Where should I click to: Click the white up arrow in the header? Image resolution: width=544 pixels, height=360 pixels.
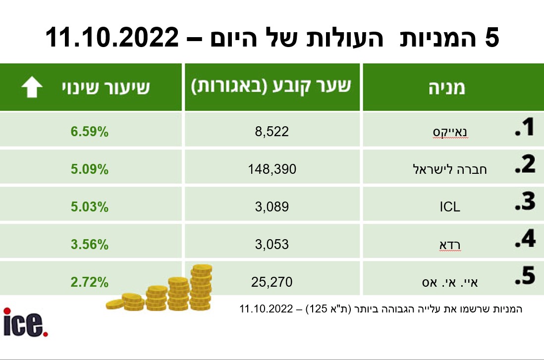tap(32, 87)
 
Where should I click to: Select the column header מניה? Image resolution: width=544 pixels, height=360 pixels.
tap(447, 88)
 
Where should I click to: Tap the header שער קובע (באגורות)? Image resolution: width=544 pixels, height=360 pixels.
tap(272, 87)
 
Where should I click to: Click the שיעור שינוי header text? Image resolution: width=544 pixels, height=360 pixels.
tap(106, 88)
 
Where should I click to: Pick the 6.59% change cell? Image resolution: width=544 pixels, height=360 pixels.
tap(89, 132)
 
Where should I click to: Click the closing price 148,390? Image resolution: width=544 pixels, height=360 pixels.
tap(272, 169)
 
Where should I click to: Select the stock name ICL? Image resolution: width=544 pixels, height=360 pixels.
tap(450, 206)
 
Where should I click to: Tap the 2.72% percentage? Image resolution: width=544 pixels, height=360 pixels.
tap(89, 282)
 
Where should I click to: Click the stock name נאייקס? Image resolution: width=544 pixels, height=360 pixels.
tap(450, 132)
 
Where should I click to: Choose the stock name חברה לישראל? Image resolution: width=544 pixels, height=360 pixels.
tap(450, 169)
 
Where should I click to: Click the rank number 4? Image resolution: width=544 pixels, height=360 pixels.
tap(525, 240)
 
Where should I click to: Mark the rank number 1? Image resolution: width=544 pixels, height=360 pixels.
tap(525, 128)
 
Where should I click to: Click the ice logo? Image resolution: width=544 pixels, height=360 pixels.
tap(26, 322)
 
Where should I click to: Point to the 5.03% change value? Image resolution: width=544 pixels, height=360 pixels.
tap(89, 206)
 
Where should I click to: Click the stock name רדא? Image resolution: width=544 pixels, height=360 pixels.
tap(450, 244)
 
